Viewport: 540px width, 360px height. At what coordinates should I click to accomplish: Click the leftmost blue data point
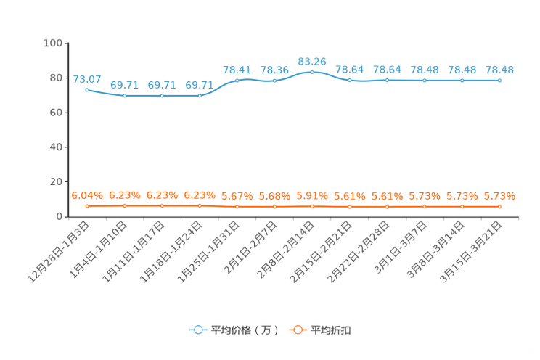click(x=87, y=90)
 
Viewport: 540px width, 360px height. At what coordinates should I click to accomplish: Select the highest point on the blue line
click(x=312, y=72)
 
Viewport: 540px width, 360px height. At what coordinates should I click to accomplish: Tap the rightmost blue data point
click(x=499, y=80)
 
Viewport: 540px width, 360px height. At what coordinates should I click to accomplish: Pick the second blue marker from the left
click(x=125, y=96)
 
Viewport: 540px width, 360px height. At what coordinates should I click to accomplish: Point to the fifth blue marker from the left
click(x=237, y=80)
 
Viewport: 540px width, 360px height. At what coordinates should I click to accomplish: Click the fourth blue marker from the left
click(x=200, y=96)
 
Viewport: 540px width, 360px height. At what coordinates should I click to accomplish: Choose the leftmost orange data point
click(x=87, y=206)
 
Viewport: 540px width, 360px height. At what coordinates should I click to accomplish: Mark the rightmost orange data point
click(x=499, y=207)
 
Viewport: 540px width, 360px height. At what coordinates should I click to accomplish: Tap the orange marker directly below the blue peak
click(x=312, y=206)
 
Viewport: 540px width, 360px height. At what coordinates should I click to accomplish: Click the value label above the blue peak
click(x=312, y=61)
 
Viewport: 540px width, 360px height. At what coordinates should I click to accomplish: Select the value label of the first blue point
click(x=87, y=78)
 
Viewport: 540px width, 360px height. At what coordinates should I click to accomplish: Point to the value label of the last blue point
click(x=499, y=70)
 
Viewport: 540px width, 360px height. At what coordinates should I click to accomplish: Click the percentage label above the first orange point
click(x=87, y=196)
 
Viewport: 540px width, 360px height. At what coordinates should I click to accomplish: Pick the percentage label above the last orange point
click(x=499, y=196)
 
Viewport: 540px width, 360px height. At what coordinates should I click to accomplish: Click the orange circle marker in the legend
click(x=298, y=330)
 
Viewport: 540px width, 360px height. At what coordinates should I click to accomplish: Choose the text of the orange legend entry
click(x=331, y=330)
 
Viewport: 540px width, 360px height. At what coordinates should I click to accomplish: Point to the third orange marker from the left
click(x=162, y=206)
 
